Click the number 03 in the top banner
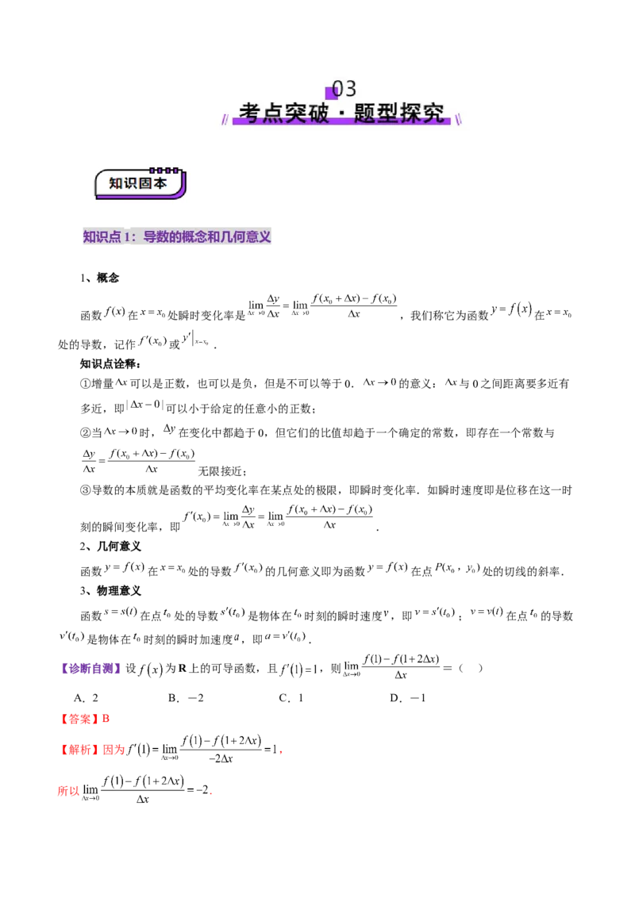click(x=344, y=89)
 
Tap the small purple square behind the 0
click(x=332, y=93)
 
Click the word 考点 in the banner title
click(x=260, y=113)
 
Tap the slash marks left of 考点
click(x=225, y=119)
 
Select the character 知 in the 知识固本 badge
click(x=116, y=183)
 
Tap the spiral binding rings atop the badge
click(x=164, y=170)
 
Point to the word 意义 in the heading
click(x=260, y=237)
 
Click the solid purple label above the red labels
click(x=90, y=669)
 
